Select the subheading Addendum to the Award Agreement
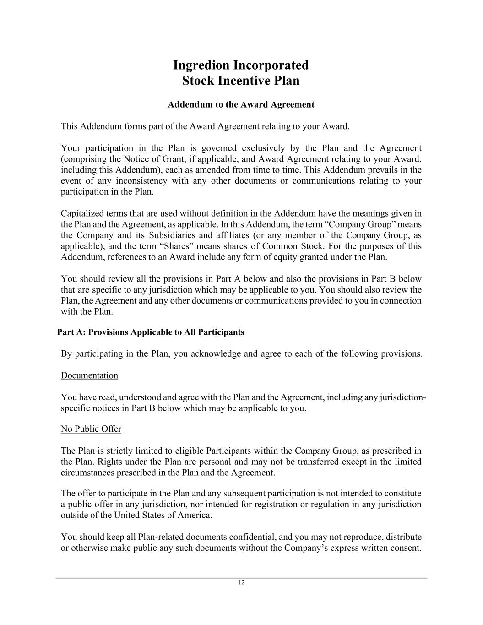coord(241,104)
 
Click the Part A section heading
coord(151,332)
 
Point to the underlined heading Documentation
coord(89,375)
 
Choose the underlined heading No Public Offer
coord(91,429)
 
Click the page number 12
coord(241,582)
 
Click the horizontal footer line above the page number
coord(241,578)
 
